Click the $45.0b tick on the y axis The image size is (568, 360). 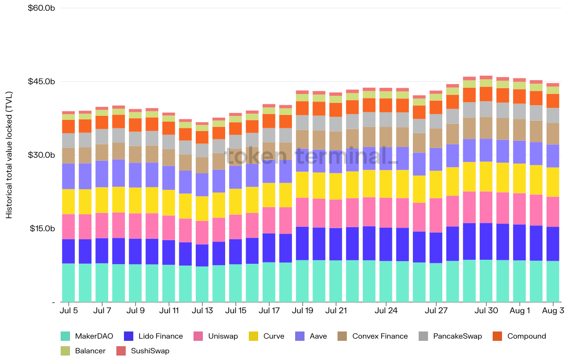coord(41,82)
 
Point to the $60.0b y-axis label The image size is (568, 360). coord(41,8)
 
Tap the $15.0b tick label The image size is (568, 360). coord(41,229)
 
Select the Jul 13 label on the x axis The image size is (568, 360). coord(202,311)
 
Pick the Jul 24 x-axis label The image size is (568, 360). coord(386,311)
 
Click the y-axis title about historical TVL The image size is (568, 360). coord(9,155)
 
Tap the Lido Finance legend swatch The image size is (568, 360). coord(129,336)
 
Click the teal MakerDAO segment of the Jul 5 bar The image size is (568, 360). coord(69,282)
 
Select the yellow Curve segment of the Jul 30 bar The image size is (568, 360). coord(486,176)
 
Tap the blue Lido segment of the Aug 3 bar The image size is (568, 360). coord(553,244)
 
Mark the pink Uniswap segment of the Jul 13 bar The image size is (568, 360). coord(202,233)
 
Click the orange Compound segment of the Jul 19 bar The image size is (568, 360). coord(302,108)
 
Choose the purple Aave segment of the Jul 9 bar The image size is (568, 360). coord(136,175)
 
